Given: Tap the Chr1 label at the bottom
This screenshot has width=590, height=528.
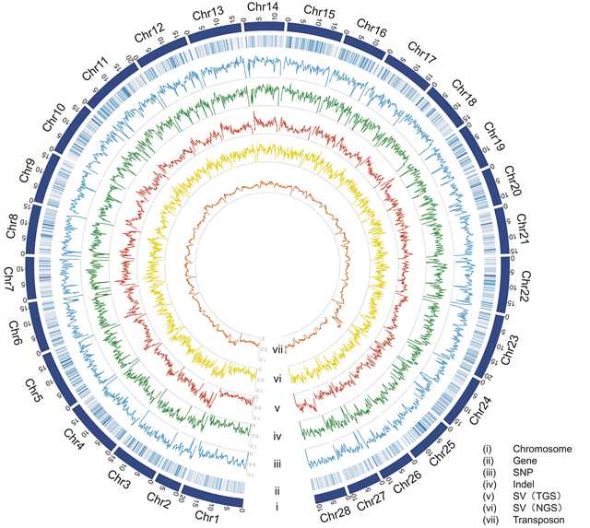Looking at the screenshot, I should tap(212, 515).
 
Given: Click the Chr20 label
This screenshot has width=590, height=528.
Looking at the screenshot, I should tap(514, 185).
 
